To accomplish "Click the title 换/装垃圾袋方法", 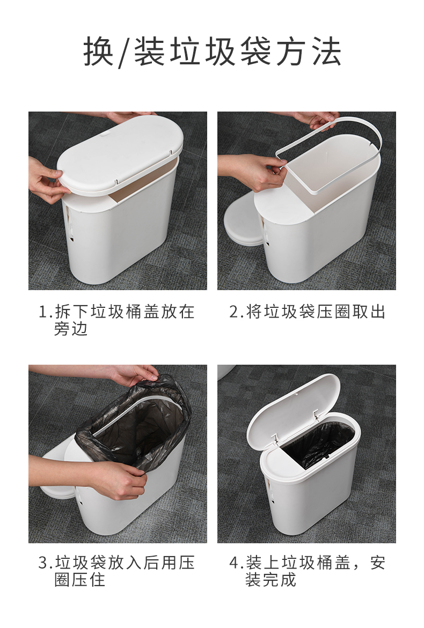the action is coord(213,52).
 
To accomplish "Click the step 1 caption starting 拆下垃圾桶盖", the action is coord(116,320).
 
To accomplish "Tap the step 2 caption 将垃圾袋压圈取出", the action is coord(307,312).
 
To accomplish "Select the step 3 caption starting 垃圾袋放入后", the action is coord(116,571).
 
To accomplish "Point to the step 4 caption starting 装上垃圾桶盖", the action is coord(307,571).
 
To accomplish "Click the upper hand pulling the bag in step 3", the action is coord(134,374).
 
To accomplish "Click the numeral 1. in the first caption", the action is coord(45,312).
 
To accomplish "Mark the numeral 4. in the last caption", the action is coord(236,563).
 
